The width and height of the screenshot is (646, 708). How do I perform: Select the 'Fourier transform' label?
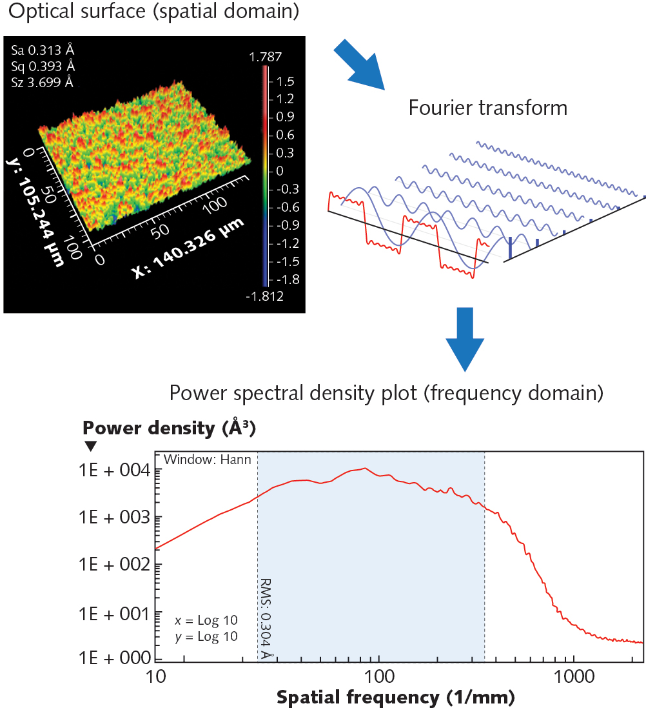coord(488,107)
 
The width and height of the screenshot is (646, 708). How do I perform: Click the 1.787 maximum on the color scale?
coord(266,57)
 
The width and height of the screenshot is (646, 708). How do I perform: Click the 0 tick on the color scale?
coord(280,171)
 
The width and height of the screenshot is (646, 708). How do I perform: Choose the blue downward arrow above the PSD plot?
coord(464,339)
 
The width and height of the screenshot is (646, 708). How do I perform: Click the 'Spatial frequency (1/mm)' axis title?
coord(395,696)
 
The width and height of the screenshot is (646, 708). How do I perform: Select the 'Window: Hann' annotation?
coord(207,460)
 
